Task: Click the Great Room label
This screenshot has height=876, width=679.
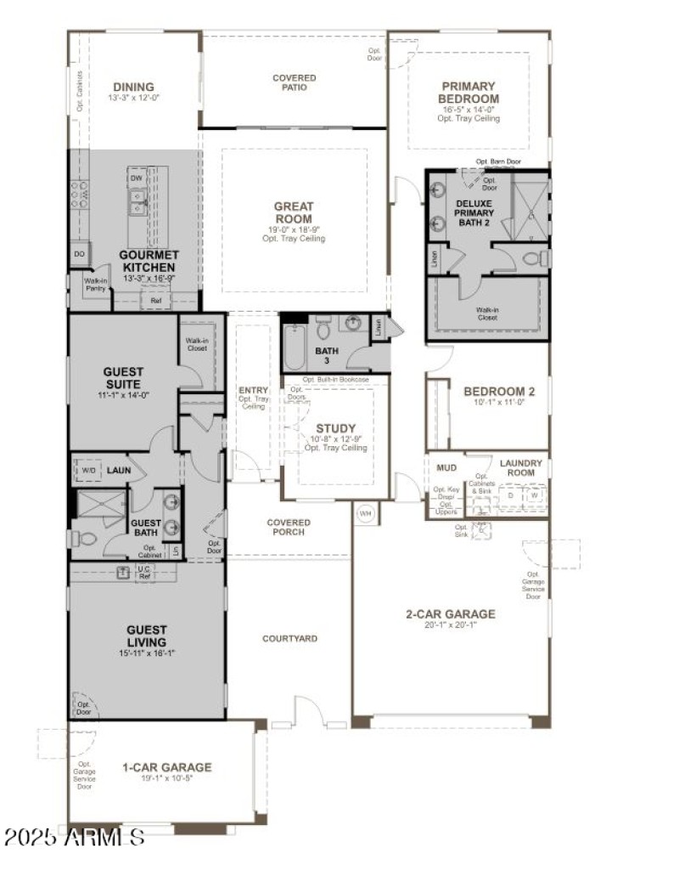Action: point(294,212)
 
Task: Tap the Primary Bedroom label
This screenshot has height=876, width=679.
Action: point(469,93)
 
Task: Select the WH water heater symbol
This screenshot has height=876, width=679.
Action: point(365,513)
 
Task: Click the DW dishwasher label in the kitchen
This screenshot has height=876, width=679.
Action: point(136,179)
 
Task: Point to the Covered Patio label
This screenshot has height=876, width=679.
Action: point(294,83)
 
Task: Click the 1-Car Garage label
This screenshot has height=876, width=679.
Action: point(166,767)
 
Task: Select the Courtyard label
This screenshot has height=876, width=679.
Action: point(289,637)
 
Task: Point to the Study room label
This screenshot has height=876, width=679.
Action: point(335,428)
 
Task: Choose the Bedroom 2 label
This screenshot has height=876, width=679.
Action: point(499,392)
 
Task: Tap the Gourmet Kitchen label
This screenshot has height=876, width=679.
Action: point(149,261)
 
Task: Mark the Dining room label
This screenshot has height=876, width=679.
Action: point(133,87)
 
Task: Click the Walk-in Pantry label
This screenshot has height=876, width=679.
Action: point(95,285)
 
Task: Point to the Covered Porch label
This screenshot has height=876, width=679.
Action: point(289,528)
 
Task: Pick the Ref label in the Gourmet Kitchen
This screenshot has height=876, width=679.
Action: point(155,301)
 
